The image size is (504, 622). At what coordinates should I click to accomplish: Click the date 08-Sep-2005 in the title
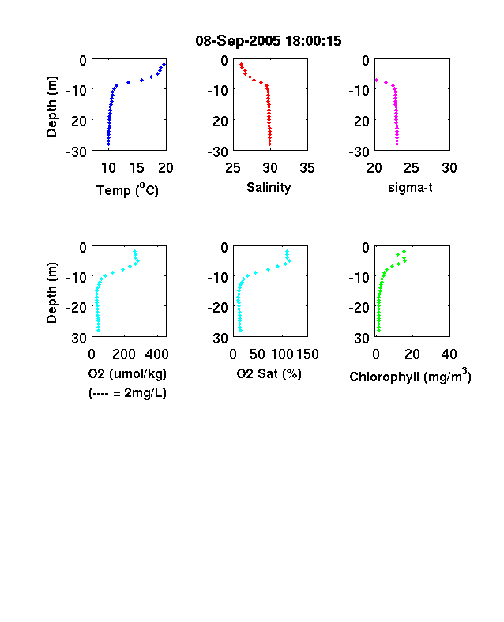(x=238, y=41)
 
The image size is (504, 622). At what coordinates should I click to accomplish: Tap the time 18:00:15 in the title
(x=313, y=41)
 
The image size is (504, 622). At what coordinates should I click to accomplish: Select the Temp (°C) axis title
(x=127, y=190)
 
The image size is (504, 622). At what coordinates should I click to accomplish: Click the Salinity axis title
(x=269, y=188)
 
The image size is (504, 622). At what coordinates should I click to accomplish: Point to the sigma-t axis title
(x=410, y=187)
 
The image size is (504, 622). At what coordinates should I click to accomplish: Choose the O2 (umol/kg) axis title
(x=127, y=373)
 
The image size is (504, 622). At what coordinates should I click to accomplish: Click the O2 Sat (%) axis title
(x=269, y=373)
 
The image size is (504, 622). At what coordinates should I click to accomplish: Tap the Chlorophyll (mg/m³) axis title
(x=410, y=376)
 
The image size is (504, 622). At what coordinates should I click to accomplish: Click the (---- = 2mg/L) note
(x=127, y=393)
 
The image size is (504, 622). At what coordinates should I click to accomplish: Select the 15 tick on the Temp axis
(x=137, y=168)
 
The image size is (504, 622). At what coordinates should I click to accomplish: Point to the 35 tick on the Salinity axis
(x=307, y=168)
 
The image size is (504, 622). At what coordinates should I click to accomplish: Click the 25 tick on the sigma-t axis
(x=412, y=168)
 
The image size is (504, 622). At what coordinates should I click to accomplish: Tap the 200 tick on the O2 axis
(x=124, y=354)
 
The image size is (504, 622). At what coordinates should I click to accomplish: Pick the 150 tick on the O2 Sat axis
(x=307, y=354)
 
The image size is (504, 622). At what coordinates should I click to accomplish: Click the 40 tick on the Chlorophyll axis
(x=449, y=354)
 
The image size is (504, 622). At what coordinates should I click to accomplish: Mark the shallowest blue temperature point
(x=164, y=64)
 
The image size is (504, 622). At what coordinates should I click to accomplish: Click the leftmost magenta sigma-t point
(x=377, y=81)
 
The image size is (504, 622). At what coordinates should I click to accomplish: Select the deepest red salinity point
(x=270, y=144)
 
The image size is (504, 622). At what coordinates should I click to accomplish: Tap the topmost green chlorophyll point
(x=404, y=251)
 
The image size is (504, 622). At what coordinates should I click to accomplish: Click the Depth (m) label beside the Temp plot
(x=51, y=107)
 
